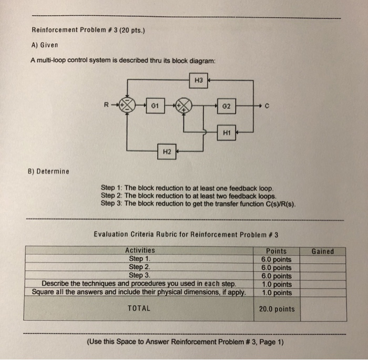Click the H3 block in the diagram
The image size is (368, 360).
[198, 80]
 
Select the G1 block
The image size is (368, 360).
[155, 105]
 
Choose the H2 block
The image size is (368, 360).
[166, 152]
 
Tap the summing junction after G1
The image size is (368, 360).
[183, 105]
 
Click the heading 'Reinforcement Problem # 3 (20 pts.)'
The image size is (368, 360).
[88, 29]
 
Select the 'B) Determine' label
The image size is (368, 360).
[48, 171]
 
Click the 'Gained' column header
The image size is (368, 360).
[322, 251]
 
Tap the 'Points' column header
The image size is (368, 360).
[277, 251]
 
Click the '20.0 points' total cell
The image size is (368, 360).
[277, 309]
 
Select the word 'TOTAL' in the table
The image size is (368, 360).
[139, 308]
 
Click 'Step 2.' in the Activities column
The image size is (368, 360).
[140, 267]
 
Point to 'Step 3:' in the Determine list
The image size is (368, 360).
[111, 203]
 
